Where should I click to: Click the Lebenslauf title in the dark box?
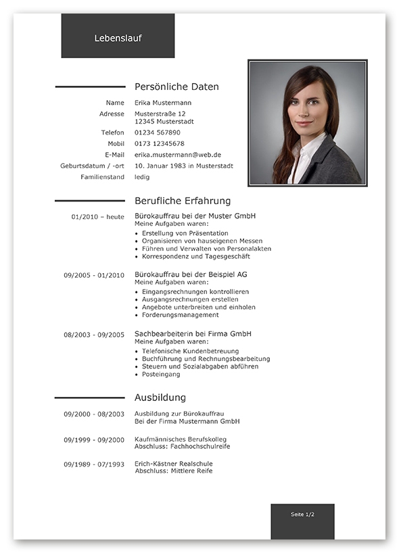tap(118, 39)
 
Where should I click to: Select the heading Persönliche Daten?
tap(177, 87)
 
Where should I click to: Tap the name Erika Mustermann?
tap(163, 103)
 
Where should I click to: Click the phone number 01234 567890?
tap(158, 133)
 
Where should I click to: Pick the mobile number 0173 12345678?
tap(160, 143)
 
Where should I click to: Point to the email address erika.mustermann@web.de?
tap(178, 155)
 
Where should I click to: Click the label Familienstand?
tap(102, 177)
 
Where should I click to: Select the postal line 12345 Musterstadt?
tap(164, 122)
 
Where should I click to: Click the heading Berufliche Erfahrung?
tap(183, 201)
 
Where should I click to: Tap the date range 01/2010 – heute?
tap(97, 216)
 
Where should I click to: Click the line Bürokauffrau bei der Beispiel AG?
tap(191, 274)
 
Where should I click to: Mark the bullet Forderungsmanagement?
tap(181, 315)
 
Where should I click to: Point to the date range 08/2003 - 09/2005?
tap(94, 335)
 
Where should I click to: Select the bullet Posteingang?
tap(161, 375)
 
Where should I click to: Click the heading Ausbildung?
tap(160, 398)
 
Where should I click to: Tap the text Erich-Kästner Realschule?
tap(173, 463)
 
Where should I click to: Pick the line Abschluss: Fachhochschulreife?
tap(182, 446)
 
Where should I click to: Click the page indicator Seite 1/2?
tap(302, 514)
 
